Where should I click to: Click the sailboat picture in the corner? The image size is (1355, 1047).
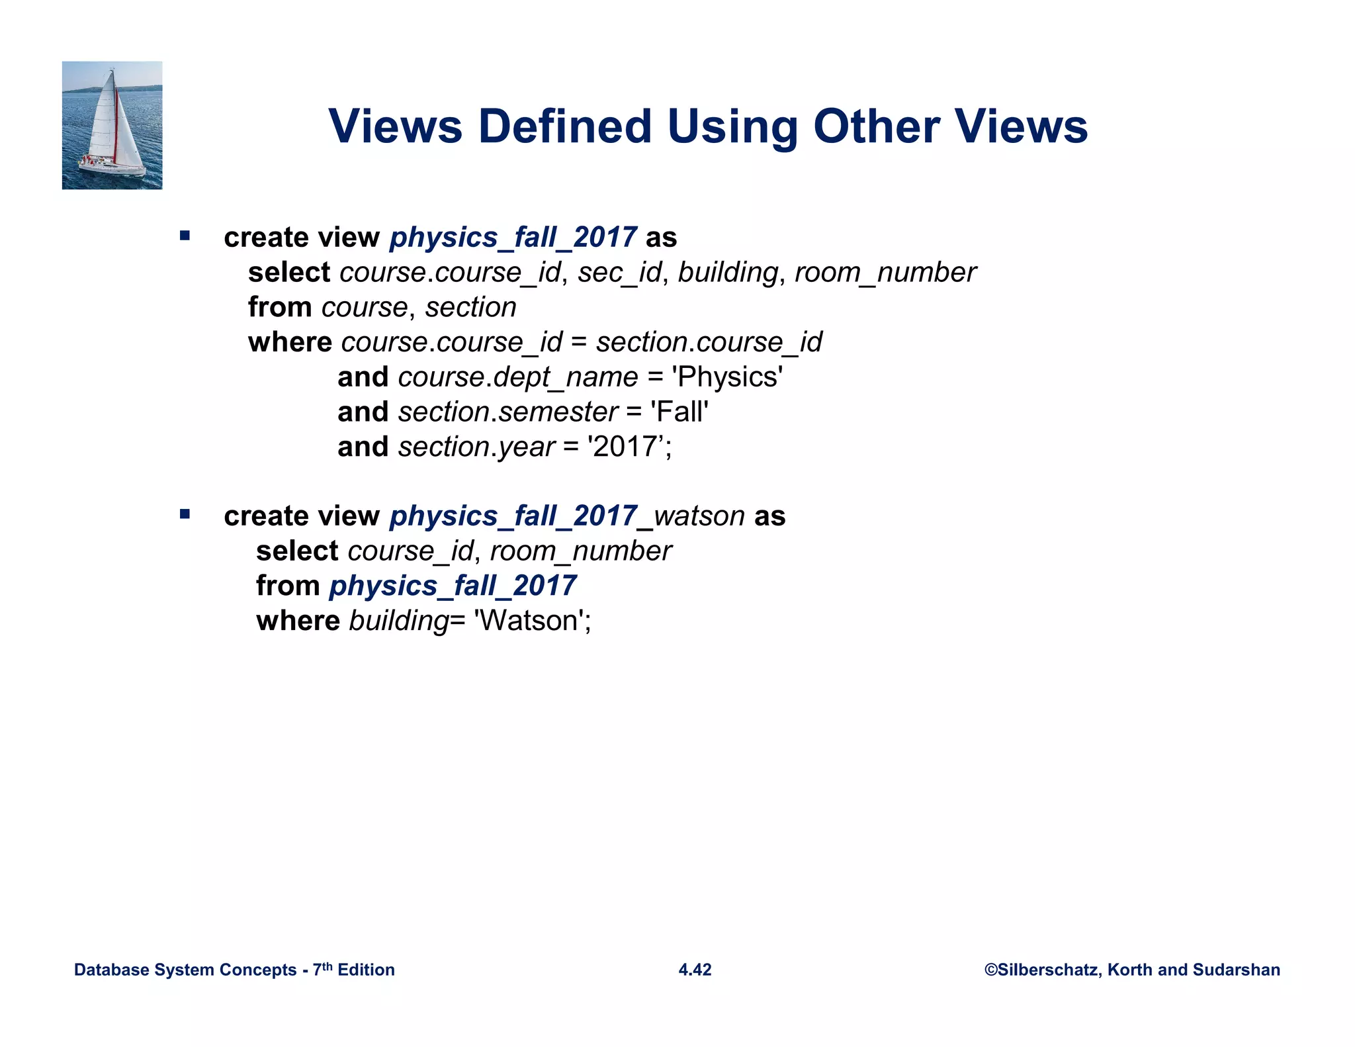tap(112, 125)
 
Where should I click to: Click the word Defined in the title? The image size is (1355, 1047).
tap(565, 126)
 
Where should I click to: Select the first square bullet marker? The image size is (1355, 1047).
tap(185, 236)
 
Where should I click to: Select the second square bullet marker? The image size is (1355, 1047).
tap(185, 514)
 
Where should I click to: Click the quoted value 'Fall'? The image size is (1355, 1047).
tap(680, 412)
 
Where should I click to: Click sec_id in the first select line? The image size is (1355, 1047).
tap(619, 273)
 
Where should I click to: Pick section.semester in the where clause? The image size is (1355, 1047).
tap(508, 412)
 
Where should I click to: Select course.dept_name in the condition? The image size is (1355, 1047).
tap(518, 377)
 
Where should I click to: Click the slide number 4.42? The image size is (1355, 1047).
tap(695, 970)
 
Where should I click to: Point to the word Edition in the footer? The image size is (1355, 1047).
tap(366, 970)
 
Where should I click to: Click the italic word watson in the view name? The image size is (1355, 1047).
tap(699, 516)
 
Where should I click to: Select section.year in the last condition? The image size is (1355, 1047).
tap(476, 447)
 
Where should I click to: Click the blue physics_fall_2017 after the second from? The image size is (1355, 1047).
tap(453, 586)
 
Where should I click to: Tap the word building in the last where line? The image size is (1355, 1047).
tap(399, 621)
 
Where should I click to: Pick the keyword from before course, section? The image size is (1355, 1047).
tap(280, 308)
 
